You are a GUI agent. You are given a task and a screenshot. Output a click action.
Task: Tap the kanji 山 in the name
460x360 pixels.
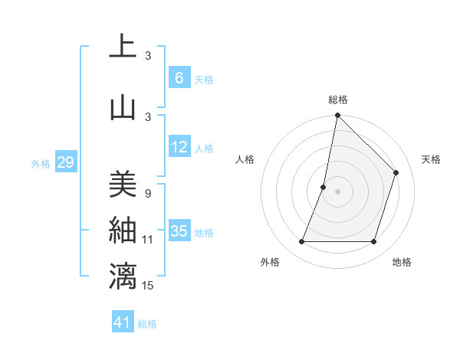tap(123, 108)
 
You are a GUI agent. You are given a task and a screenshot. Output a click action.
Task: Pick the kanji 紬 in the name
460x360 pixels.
tap(123, 231)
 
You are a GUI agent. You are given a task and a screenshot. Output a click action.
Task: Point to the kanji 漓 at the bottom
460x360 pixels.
tap(123, 277)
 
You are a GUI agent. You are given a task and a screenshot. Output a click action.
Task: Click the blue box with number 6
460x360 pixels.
tap(179, 78)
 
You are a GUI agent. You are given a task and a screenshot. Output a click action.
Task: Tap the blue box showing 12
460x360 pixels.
tap(179, 148)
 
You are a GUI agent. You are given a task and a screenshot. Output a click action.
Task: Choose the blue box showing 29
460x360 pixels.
tap(65, 162)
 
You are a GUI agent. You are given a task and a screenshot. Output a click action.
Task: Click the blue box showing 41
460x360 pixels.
tap(123, 322)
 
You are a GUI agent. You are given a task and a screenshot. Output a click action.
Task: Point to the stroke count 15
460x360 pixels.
tap(149, 286)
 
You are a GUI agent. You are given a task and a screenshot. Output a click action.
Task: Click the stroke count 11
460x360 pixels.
tap(149, 240)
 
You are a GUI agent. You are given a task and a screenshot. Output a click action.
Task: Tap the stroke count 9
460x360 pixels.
tap(148, 193)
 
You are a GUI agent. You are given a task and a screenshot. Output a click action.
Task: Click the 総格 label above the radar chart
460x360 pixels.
tap(337, 100)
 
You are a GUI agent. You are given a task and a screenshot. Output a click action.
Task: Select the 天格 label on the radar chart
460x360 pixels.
tap(431, 159)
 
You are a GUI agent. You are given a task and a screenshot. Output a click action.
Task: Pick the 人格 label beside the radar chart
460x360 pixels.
tap(245, 159)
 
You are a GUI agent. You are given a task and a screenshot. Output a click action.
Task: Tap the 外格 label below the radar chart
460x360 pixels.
tap(270, 262)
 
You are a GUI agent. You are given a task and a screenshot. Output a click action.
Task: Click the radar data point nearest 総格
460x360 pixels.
tap(337, 116)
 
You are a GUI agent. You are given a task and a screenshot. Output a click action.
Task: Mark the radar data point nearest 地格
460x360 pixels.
tap(373, 242)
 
